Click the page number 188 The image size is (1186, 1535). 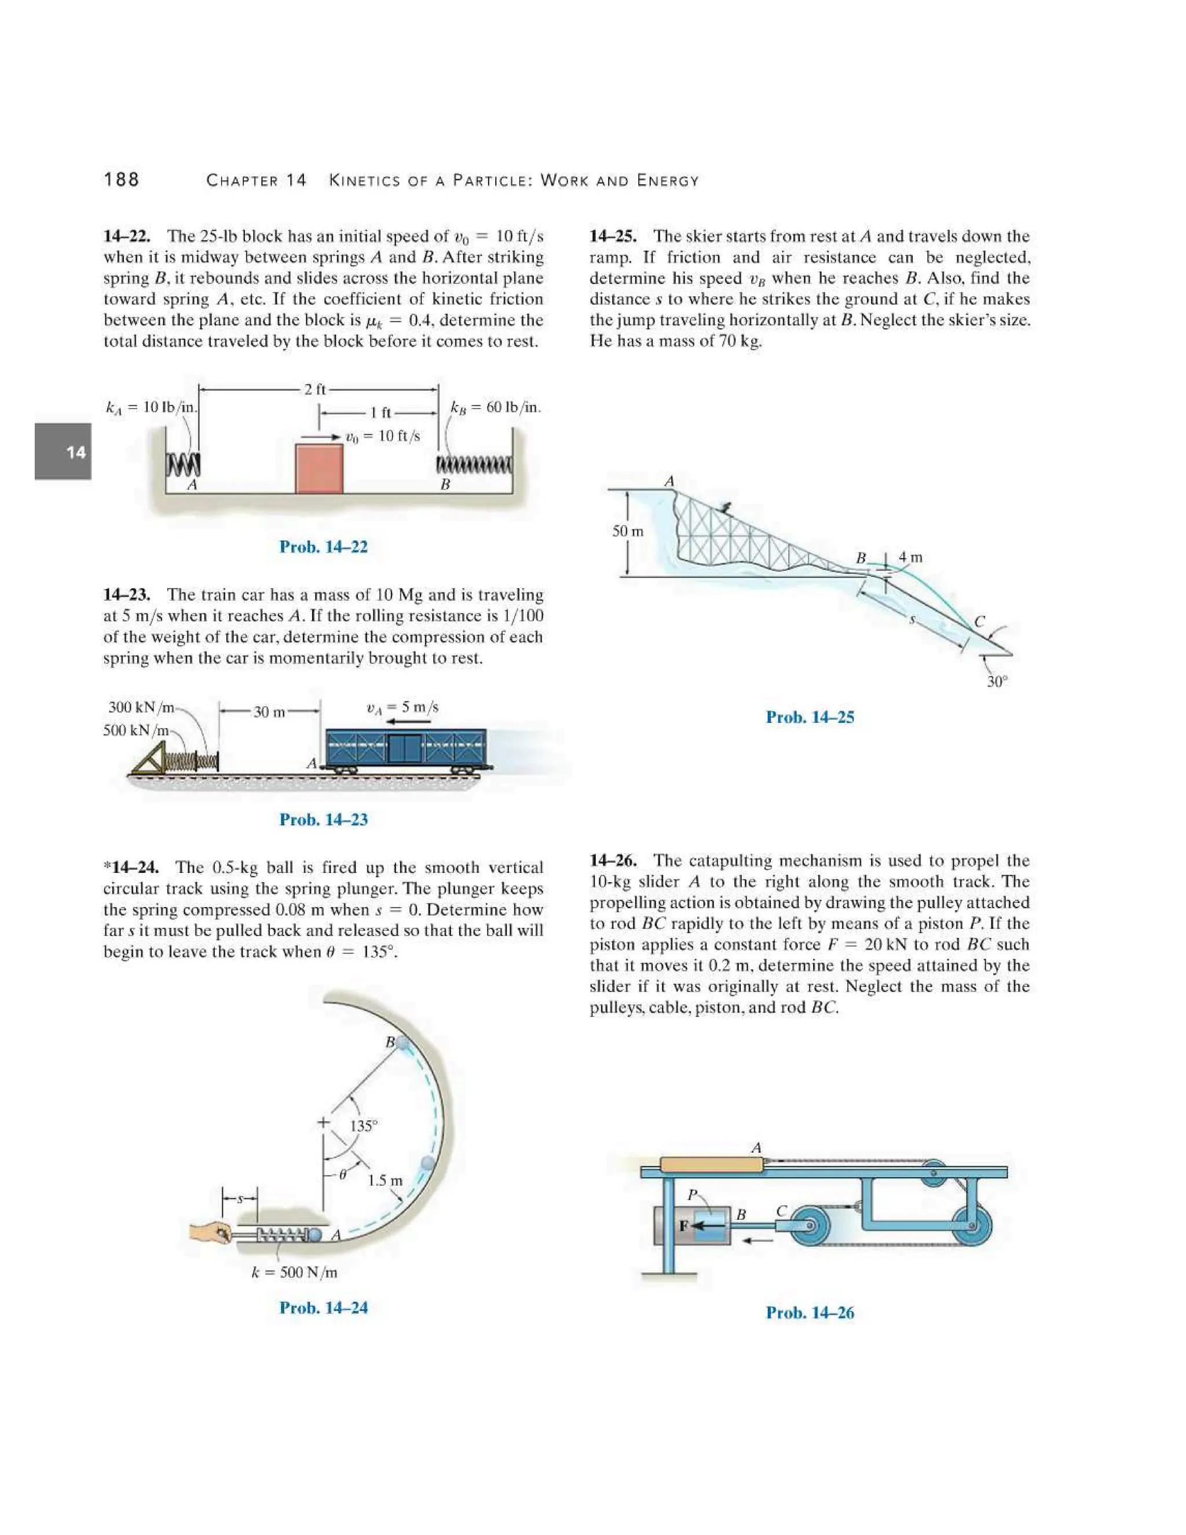pyautogui.click(x=122, y=180)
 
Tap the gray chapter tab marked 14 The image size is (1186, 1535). pyautogui.click(x=63, y=451)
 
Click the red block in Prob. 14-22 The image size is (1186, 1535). pyautogui.click(x=319, y=468)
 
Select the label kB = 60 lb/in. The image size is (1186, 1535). pyautogui.click(x=495, y=408)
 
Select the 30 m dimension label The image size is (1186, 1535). pyautogui.click(x=270, y=712)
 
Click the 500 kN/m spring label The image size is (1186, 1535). pyautogui.click(x=136, y=730)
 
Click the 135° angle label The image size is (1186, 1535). pyautogui.click(x=363, y=1126)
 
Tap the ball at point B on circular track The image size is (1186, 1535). pyautogui.click(x=403, y=1043)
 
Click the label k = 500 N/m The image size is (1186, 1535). pyautogui.click(x=294, y=1272)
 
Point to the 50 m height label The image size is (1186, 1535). pyautogui.click(x=627, y=531)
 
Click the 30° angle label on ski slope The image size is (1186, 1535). pyautogui.click(x=996, y=681)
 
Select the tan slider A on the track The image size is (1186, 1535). pyautogui.click(x=711, y=1165)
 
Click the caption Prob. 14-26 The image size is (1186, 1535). pyautogui.click(x=810, y=1312)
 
